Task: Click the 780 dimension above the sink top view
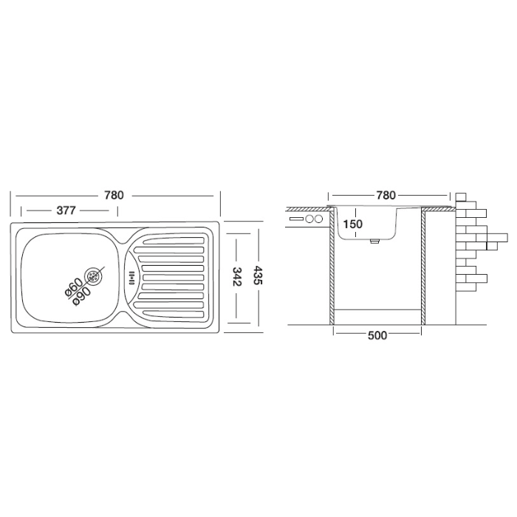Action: [114, 195]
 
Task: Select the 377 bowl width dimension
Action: [66, 210]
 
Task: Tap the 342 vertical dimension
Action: [238, 277]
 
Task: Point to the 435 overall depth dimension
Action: [258, 277]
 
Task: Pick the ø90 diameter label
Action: [81, 295]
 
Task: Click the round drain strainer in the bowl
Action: [94, 275]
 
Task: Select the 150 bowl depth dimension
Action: [352, 225]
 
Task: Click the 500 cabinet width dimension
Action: [377, 335]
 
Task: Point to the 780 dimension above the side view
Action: [386, 195]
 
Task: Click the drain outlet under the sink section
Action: [374, 242]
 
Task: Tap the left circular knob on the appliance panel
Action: [309, 219]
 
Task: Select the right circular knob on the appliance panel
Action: [318, 219]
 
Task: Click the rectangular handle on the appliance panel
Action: [296, 219]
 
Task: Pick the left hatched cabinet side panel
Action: [332, 266]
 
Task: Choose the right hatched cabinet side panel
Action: [423, 266]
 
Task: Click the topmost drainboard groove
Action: [174, 240]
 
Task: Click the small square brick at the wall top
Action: [462, 197]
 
